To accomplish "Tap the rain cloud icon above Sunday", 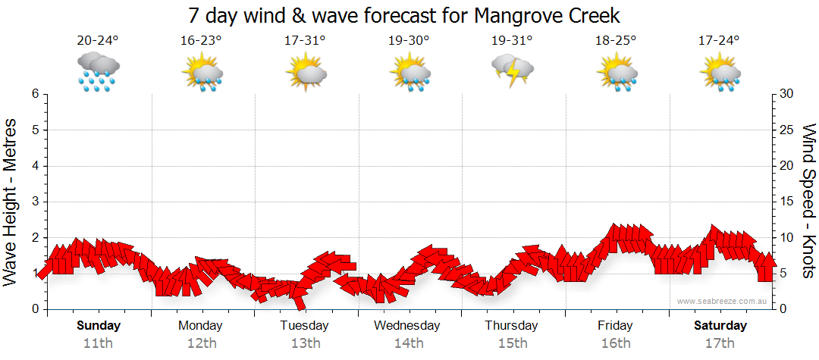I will [98, 71].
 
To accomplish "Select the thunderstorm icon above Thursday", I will [513, 71].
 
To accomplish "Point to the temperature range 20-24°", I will [98, 41].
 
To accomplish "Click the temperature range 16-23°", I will [201, 41].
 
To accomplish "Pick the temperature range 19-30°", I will [409, 41].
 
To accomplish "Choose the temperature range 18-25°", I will [616, 41].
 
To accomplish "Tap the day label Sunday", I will [98, 326].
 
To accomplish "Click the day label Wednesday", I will [408, 326].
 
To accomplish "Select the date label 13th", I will [305, 343].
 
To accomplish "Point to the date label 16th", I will [615, 343].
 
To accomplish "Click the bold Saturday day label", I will [720, 326].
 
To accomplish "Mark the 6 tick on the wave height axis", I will [35, 94].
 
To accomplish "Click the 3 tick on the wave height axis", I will [35, 202].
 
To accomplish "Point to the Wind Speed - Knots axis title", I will [808, 201].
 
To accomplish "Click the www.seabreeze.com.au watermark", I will [723, 301].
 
